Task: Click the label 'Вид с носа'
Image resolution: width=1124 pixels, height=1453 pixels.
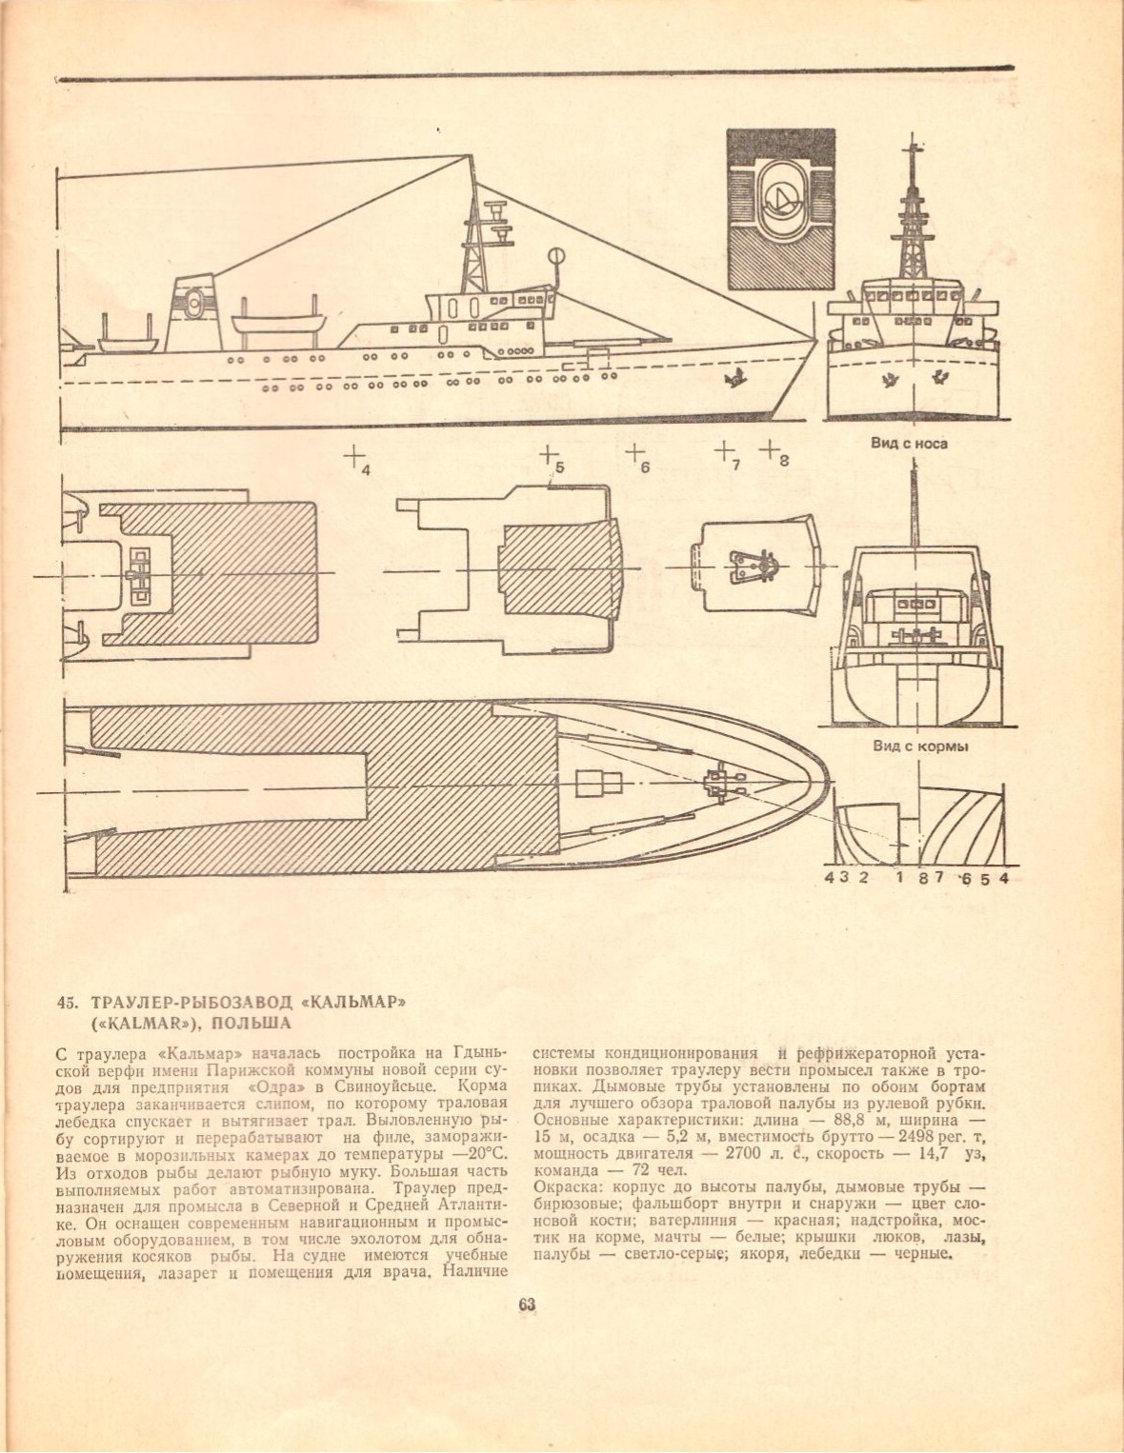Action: click(x=909, y=443)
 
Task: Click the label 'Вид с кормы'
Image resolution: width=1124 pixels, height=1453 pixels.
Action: click(x=920, y=746)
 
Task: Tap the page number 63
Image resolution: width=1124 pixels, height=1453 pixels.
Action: click(x=527, y=1304)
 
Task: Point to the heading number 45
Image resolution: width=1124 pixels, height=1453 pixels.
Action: click(x=66, y=1002)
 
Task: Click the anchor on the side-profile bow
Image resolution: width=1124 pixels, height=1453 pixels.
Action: click(x=733, y=379)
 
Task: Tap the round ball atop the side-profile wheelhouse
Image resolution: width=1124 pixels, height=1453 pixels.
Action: click(x=554, y=254)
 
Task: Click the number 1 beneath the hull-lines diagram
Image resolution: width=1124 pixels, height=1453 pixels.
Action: click(x=899, y=877)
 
